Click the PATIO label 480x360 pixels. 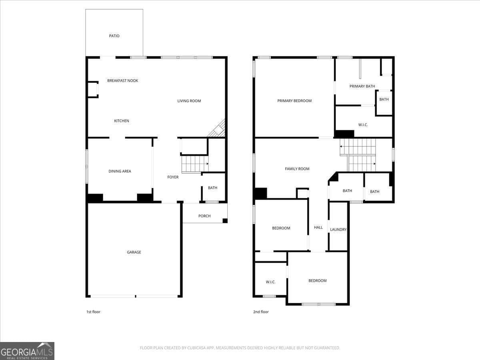tap(114, 36)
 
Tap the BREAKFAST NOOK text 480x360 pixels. tap(122, 81)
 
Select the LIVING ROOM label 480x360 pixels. tap(189, 101)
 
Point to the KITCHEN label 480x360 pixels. tap(121, 121)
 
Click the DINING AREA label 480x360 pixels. tap(120, 171)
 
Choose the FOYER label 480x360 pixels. tap(173, 177)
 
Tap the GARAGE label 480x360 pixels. tap(134, 252)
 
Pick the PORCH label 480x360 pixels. tap(204, 216)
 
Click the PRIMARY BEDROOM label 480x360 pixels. tap(294, 101)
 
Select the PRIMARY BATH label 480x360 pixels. tap(362, 86)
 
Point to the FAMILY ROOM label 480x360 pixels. tap(297, 169)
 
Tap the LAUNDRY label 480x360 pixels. tap(338, 230)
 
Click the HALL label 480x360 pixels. tap(318, 227)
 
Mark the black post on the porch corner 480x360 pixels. tap(225, 221)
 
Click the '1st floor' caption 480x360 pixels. tap(93, 312)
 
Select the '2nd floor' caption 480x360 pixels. tap(261, 312)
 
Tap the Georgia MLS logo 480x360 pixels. tap(27, 351)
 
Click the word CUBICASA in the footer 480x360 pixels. tap(196, 348)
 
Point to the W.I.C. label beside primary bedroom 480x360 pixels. tap(363, 125)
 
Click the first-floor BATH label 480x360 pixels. tap(212, 188)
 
